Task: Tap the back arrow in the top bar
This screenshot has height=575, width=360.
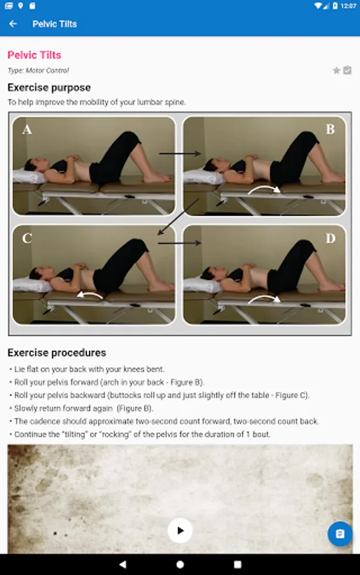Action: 13,24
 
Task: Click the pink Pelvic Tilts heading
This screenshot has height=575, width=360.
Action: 35,55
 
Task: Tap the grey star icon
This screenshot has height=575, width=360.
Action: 336,70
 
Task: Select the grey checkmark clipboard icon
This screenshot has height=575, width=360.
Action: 347,70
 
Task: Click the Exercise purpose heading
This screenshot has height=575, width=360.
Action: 49,88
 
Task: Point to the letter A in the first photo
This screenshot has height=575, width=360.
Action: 27,130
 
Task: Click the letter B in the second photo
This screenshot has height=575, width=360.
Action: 331,129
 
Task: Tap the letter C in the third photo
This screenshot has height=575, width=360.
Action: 27,238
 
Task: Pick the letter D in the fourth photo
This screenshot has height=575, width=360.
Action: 331,238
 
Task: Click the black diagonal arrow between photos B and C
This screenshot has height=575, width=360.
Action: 178,217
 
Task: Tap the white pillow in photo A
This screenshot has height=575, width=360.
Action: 29,176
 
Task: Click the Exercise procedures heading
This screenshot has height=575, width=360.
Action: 57,353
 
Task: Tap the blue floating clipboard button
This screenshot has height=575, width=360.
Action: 340,533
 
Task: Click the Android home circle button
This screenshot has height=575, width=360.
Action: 180,564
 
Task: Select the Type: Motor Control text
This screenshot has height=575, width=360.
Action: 38,70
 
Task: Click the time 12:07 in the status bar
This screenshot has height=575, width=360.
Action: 348,6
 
